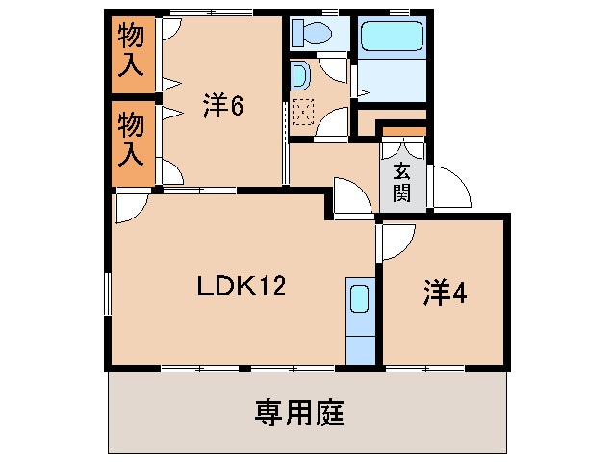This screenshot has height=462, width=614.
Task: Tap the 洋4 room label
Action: coord(445,295)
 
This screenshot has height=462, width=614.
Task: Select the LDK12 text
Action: coord(243,286)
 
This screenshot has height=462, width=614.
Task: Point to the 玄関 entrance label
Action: coord(403,183)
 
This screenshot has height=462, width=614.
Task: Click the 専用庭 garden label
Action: coord(299,415)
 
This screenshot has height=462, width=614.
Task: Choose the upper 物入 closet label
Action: coord(130,53)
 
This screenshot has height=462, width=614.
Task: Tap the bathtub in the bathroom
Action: coord(390,38)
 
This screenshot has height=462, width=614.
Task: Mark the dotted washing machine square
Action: coord(303,113)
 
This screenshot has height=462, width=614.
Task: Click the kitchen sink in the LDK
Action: coord(359,299)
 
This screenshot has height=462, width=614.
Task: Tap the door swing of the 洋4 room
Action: coord(397,242)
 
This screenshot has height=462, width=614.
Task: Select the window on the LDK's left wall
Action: coord(106,295)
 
